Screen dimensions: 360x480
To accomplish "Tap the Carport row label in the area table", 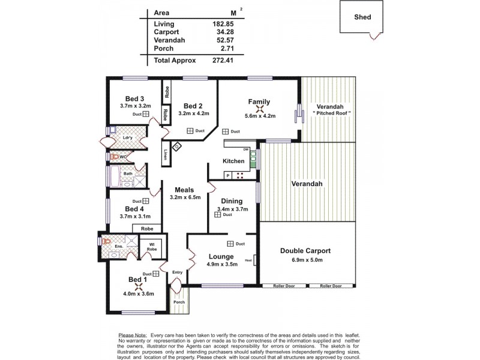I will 167,32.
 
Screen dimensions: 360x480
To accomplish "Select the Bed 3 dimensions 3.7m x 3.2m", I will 135,106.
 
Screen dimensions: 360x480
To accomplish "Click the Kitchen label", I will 233,161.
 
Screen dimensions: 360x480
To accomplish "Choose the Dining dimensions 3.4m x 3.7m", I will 232,209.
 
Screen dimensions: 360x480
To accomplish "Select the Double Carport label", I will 306,251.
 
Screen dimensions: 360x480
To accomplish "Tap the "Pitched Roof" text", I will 331,113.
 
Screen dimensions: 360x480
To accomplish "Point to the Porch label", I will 179,302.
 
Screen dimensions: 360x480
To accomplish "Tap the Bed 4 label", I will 135,209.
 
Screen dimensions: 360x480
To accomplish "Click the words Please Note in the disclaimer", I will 133,334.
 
